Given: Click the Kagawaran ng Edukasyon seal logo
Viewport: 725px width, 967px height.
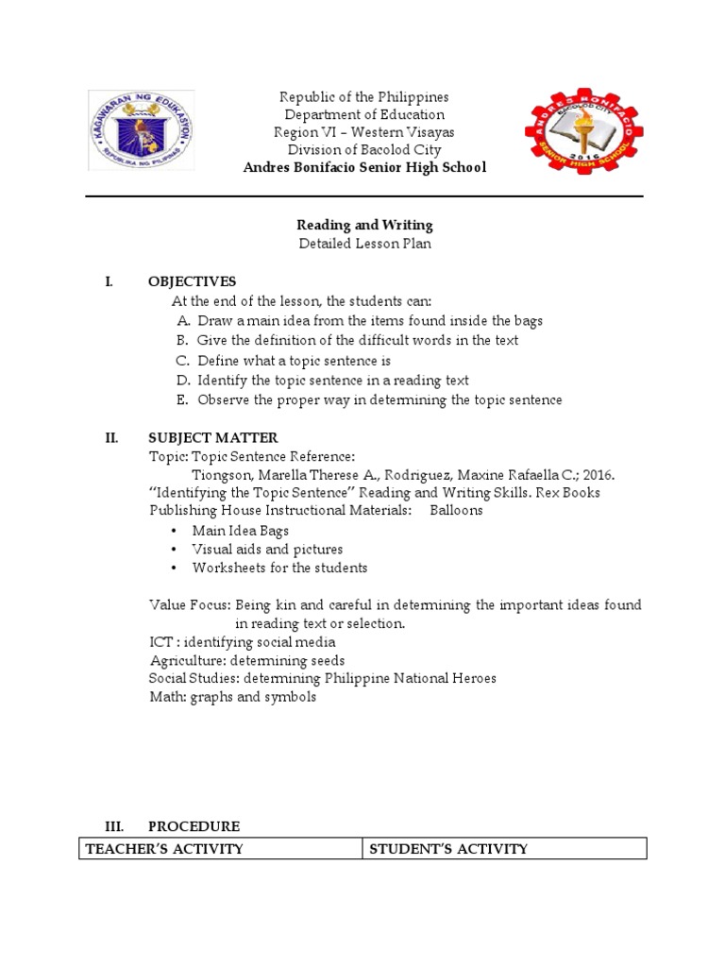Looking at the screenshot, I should coord(142,130).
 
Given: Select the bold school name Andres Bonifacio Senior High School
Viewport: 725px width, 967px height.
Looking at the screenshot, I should coord(363,167).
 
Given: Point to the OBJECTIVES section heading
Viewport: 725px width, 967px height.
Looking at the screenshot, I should coord(192,281).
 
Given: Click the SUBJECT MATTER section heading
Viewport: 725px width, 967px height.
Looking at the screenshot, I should coord(212,437).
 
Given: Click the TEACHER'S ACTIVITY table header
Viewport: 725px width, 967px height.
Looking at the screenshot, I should coord(164,849).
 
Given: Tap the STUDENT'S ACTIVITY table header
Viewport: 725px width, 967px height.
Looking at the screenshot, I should coord(448,849).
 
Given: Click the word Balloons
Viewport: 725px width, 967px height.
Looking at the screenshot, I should coord(456,510).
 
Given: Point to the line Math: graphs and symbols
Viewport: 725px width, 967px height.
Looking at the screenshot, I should coord(232,697).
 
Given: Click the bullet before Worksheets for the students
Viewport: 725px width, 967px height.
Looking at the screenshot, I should coord(176,568).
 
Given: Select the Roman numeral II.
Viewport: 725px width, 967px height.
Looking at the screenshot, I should coord(110,437).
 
